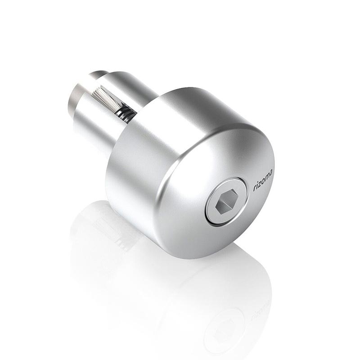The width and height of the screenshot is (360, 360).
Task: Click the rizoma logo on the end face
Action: [263, 180]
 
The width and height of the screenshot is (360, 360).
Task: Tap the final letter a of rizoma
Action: [271, 172]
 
